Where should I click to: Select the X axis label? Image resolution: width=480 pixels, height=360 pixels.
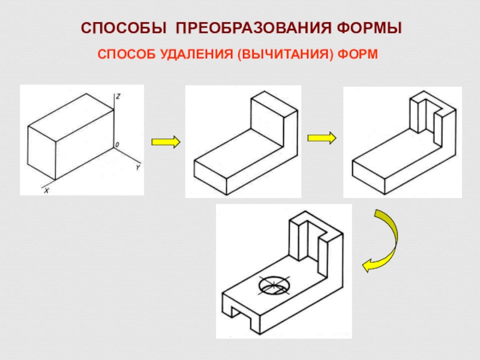click(x=46, y=191)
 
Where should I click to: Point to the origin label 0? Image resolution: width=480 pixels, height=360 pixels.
click(x=118, y=144)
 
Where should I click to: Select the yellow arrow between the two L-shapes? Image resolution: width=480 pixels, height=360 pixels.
click(x=322, y=137)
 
